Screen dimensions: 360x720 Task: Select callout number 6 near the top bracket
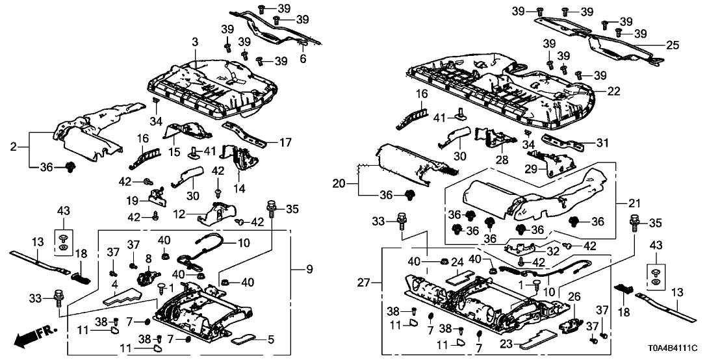tap(302, 59)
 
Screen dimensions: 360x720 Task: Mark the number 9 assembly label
tap(300, 269)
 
